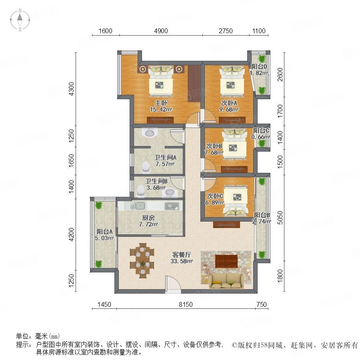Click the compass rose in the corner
coord(20,20)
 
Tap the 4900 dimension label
coord(161,31)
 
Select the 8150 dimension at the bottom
coord(186,304)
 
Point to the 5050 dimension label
coord(280,218)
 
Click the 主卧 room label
coord(161,103)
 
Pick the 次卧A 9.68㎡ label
coord(229,106)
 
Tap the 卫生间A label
coord(165,158)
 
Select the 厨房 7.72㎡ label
coord(148,221)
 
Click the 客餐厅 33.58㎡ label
coord(181,258)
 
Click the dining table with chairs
coord(142,260)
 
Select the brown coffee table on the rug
coord(226,261)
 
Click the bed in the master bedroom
coord(161,81)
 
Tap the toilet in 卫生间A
coord(146,167)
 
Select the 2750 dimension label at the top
coord(226,31)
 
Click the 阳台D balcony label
coord(259,66)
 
